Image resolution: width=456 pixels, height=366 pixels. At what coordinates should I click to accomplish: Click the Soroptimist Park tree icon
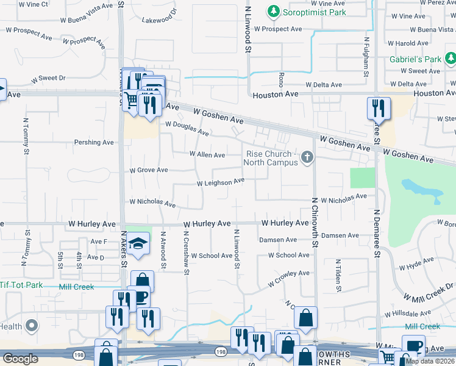(274, 12)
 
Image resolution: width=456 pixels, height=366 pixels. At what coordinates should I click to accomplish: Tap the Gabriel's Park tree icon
(450, 59)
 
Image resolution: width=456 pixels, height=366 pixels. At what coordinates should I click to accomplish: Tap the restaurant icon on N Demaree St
(378, 108)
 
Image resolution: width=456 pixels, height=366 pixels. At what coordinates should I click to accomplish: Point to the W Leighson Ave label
(220, 182)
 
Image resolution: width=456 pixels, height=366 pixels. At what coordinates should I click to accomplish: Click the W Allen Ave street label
(207, 155)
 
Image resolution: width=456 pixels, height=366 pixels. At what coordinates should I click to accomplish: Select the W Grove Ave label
(148, 170)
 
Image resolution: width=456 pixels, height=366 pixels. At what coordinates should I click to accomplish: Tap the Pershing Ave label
(94, 142)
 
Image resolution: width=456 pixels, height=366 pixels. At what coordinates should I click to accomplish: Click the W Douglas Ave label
(187, 128)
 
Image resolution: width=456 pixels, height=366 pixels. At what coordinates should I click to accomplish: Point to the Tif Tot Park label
(21, 285)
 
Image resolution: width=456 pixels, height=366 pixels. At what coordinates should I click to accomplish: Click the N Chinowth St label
(315, 222)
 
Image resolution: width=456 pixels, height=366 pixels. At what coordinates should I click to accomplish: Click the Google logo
(20, 359)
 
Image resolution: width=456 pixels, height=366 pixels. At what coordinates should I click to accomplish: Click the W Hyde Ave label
(416, 264)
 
